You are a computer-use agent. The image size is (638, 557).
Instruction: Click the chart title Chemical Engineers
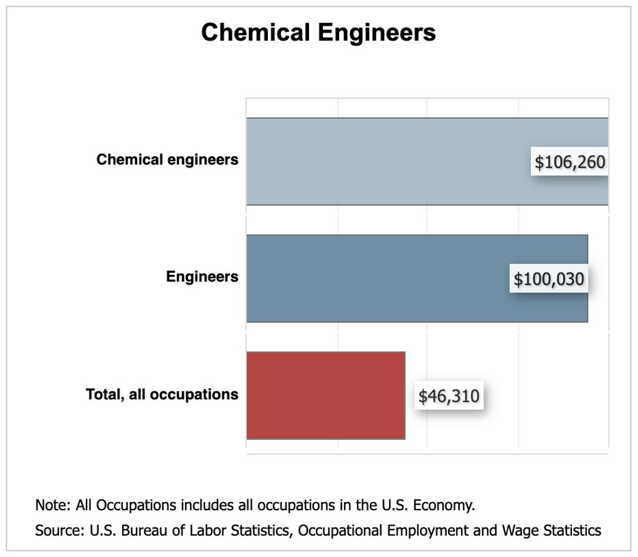318,32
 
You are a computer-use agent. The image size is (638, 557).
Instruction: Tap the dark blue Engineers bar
374,278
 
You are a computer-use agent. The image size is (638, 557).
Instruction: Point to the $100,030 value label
549,279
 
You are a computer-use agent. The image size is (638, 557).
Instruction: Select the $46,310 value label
449,396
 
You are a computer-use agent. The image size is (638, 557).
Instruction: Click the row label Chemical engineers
167,160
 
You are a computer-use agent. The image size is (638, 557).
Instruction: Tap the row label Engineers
202,277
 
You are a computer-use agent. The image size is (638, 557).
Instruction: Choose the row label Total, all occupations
162,394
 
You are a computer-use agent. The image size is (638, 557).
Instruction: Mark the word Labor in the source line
195,531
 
